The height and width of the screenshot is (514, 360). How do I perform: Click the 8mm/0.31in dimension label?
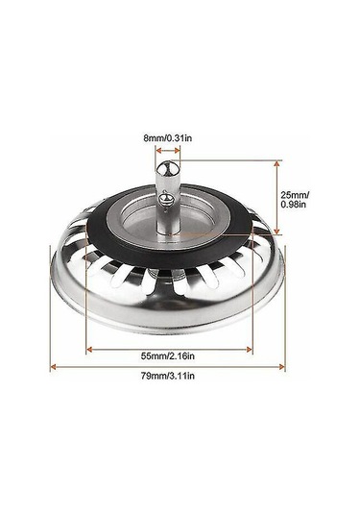click(x=167, y=138)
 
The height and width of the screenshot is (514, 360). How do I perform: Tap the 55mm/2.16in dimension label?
click(x=168, y=355)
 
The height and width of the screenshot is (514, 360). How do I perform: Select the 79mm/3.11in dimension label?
click(x=168, y=376)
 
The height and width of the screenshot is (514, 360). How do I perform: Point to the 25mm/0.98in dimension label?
click(x=295, y=199)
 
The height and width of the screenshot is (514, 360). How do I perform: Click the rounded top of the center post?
click(x=168, y=168)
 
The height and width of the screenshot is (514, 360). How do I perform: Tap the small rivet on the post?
click(x=164, y=198)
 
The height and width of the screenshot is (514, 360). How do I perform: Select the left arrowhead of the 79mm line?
click(x=53, y=367)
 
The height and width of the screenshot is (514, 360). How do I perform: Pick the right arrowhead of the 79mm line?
click(x=281, y=367)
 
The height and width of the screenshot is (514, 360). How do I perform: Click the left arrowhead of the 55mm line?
click(x=89, y=350)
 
